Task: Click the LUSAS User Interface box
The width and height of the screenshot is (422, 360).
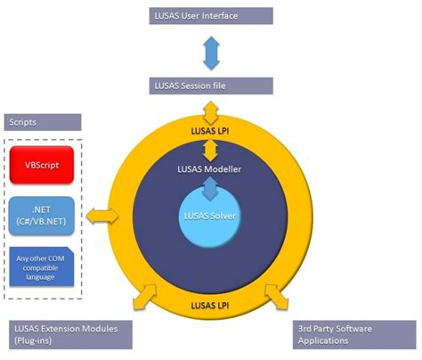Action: click(x=211, y=15)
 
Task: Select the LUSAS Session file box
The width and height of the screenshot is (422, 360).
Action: click(x=211, y=86)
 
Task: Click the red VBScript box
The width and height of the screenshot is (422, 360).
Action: click(x=45, y=166)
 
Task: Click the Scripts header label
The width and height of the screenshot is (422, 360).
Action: click(x=42, y=122)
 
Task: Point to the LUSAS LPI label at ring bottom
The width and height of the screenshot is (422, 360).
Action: click(x=211, y=306)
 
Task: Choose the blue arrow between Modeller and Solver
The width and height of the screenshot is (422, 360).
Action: click(x=211, y=186)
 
